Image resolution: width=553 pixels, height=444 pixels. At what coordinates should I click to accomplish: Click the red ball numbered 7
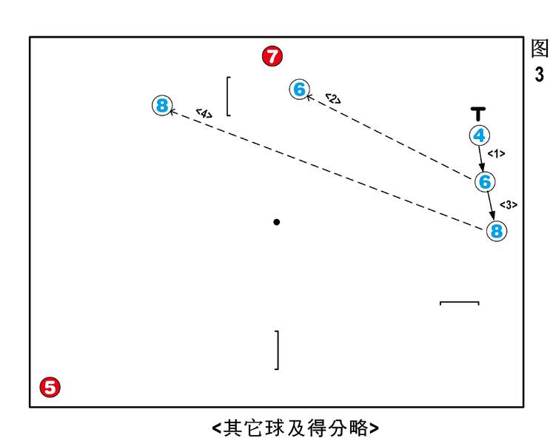pos(272,56)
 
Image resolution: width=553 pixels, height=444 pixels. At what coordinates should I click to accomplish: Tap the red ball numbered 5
pos(50,387)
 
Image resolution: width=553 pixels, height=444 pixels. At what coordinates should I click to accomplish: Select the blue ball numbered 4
pos(479,135)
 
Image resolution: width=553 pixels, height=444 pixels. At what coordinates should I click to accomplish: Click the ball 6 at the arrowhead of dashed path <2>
pos(299,89)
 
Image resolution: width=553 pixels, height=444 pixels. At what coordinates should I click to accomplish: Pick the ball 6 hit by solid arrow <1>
pos(485,181)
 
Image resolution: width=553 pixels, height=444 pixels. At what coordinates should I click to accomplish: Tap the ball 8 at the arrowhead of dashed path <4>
pos(162,105)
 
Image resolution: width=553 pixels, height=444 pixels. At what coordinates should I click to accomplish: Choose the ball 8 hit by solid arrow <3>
pos(497,231)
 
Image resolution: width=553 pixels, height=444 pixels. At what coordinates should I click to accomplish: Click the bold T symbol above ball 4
pos(478,114)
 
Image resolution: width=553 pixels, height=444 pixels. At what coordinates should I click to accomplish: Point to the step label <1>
pos(496,153)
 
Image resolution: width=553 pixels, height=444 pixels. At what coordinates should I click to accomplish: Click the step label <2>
pos(333,98)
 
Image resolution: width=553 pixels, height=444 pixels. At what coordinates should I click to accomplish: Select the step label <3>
pos(509,204)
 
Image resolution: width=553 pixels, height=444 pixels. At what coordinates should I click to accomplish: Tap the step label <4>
pos(204,113)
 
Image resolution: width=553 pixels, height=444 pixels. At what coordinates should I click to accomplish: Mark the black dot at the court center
pos(277,222)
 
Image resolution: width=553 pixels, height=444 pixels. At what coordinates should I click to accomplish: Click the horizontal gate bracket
pos(459,302)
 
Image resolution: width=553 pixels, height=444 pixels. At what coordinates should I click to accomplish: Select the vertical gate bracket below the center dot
pos(278,350)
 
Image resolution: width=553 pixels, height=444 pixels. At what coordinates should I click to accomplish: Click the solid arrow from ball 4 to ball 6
pos(481,158)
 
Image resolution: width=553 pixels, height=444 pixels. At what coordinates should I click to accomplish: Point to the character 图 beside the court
pos(540,48)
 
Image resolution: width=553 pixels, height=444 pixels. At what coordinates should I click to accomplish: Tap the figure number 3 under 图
pos(539,75)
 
